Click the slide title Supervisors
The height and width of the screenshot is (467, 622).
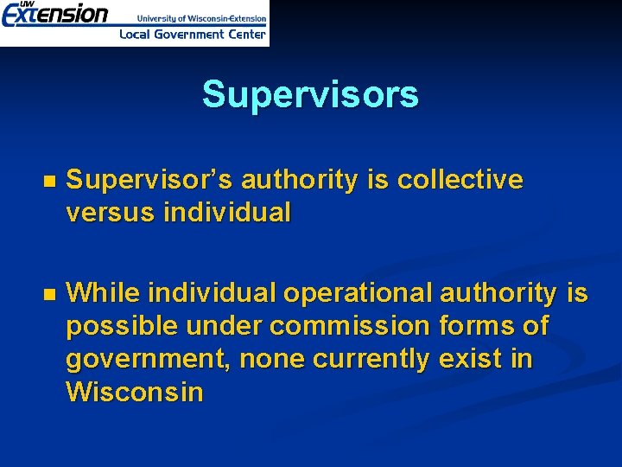310,94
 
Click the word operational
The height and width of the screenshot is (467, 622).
358,294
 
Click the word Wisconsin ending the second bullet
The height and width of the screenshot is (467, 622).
135,392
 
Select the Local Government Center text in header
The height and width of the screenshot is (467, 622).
192,35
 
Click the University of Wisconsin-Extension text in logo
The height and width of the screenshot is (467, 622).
201,18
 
